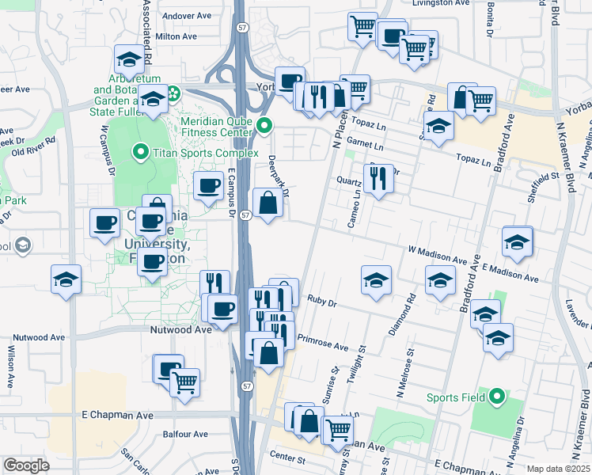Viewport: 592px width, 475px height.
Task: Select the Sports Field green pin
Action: click(x=496, y=397)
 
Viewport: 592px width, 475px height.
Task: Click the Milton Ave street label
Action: click(x=176, y=36)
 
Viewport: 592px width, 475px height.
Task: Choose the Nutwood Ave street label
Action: click(x=181, y=329)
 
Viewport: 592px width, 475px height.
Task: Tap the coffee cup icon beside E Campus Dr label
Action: click(x=208, y=186)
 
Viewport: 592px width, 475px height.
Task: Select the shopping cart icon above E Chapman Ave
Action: click(x=184, y=383)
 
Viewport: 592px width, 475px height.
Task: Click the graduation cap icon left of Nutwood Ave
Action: click(x=66, y=279)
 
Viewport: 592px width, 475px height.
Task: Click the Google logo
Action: click(x=26, y=465)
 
